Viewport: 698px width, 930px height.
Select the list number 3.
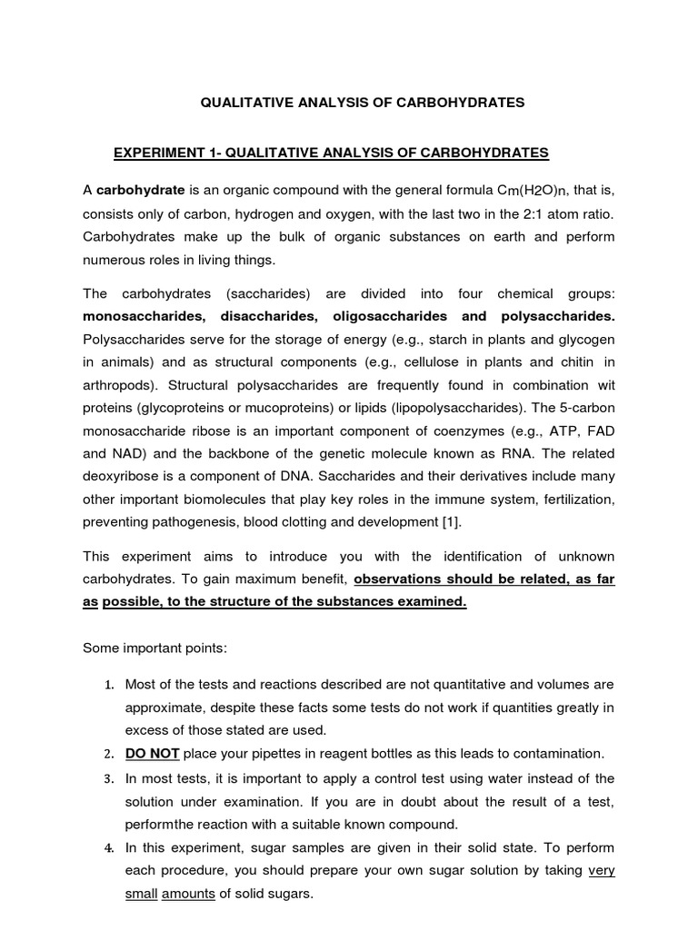point(106,778)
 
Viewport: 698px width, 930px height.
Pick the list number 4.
point(106,848)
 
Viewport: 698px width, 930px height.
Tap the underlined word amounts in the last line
point(187,894)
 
